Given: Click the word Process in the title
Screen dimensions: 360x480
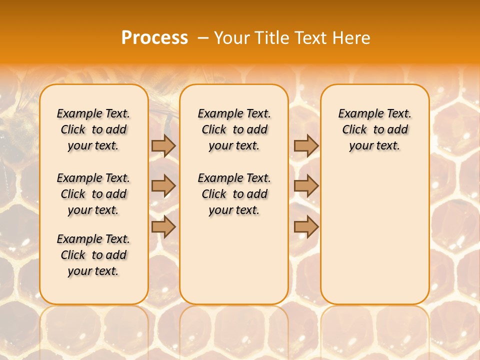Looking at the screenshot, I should pos(154,38).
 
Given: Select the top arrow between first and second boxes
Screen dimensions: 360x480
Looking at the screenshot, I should pos(163,145).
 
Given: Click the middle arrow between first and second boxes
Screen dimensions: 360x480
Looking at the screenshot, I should pos(163,186).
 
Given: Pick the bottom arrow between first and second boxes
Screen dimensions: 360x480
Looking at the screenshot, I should pos(163,227).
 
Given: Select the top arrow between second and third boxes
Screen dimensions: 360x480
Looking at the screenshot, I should pos(306,145).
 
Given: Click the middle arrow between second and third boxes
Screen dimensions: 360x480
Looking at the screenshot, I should pos(306,186).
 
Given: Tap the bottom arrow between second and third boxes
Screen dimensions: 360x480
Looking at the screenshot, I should pos(306,227).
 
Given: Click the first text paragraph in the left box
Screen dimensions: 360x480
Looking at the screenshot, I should pos(93,129).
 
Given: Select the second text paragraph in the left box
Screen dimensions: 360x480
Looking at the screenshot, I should pos(93,194).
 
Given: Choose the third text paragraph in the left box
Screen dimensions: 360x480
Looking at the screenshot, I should pos(93,255).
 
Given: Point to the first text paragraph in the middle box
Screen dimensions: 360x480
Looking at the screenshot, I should pos(234,129).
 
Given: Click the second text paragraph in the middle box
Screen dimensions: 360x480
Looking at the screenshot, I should pos(234,194).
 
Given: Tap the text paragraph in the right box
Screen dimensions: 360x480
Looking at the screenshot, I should pos(375,129).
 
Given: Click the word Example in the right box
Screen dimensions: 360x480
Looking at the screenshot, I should pos(357,114).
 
